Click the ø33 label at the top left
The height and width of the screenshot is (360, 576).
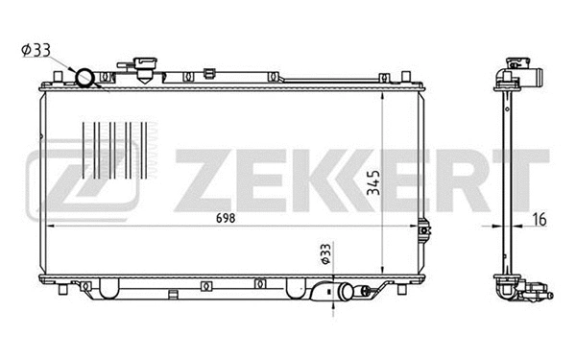click(x=31, y=49)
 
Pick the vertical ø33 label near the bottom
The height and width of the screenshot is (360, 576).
click(x=325, y=252)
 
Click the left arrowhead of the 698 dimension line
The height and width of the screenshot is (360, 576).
click(x=50, y=226)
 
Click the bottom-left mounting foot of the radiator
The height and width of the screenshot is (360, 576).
click(x=64, y=287)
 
